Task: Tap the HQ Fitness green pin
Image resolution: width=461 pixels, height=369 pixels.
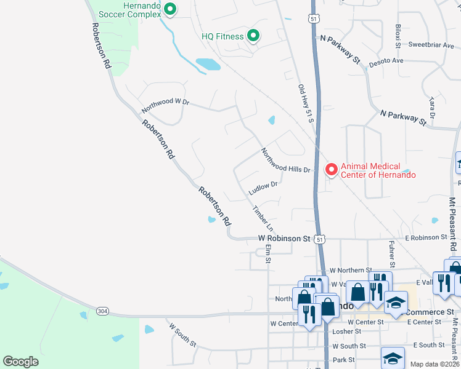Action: [253, 36]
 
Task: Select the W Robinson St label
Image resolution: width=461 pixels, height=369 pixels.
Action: [284, 238]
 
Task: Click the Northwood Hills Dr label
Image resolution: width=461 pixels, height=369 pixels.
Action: [285, 161]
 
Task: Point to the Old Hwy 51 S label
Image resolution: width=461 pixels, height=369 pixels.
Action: [306, 104]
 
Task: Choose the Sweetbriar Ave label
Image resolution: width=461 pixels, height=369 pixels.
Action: [431, 45]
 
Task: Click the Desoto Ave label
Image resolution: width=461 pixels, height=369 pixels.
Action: [386, 61]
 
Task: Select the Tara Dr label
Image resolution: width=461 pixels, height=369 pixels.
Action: [432, 108]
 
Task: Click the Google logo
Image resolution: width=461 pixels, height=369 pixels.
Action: [20, 362]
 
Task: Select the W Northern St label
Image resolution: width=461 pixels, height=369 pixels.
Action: [351, 270]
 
